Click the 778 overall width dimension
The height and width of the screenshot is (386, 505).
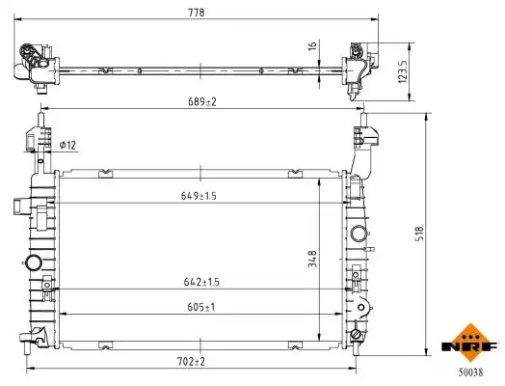[x=197, y=13]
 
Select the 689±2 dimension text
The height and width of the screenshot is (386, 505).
[x=202, y=102]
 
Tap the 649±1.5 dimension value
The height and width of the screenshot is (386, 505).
[x=199, y=196]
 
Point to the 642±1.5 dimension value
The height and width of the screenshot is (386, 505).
[x=201, y=282]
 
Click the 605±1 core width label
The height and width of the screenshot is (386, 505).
[x=201, y=307]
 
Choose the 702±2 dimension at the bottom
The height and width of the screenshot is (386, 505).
[x=191, y=362]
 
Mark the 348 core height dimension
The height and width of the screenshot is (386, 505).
[x=312, y=259]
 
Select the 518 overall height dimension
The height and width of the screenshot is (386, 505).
[x=419, y=234]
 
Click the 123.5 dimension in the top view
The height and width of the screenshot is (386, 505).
[x=403, y=71]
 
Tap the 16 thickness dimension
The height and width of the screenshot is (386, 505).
[x=312, y=45]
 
